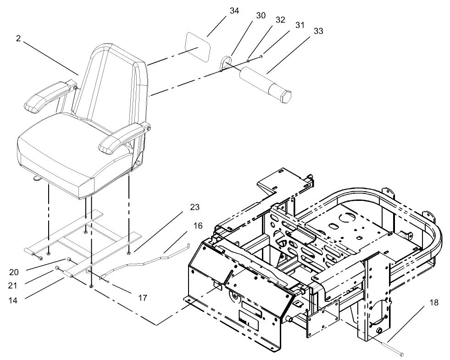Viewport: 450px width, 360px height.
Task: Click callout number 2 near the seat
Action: point(18,39)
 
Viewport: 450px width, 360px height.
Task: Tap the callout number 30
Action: point(261,15)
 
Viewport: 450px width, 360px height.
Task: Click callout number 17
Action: point(143,298)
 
